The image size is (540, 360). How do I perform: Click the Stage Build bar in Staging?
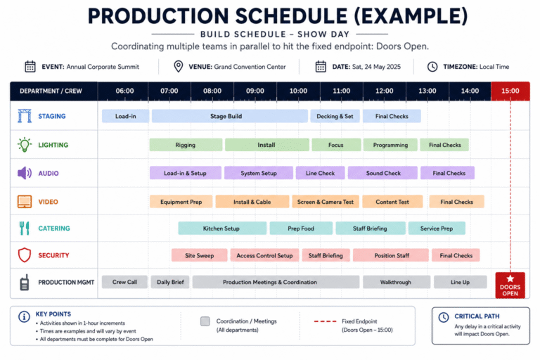230,116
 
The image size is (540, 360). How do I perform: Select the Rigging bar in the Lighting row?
186,145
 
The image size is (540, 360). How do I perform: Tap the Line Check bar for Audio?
321,173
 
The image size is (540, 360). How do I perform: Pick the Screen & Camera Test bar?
326,202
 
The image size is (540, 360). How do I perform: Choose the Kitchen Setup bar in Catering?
222,229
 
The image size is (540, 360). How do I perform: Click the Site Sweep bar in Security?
200,255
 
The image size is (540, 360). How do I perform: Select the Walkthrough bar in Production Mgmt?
397,282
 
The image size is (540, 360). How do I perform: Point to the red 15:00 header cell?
510,91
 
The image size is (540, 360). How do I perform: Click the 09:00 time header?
255,91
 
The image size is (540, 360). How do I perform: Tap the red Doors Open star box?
510,285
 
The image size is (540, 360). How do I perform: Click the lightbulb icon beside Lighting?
25,145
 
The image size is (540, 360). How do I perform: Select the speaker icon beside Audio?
25,173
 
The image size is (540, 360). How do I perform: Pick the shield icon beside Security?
25,255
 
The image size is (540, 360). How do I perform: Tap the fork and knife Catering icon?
25,228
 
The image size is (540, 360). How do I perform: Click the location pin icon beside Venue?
179,67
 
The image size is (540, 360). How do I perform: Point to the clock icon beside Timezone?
432,67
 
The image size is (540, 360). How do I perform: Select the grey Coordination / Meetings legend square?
205,321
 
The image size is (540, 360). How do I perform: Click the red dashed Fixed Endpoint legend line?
325,321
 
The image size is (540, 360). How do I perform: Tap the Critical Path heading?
477,316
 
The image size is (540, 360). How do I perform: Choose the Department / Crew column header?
51,91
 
